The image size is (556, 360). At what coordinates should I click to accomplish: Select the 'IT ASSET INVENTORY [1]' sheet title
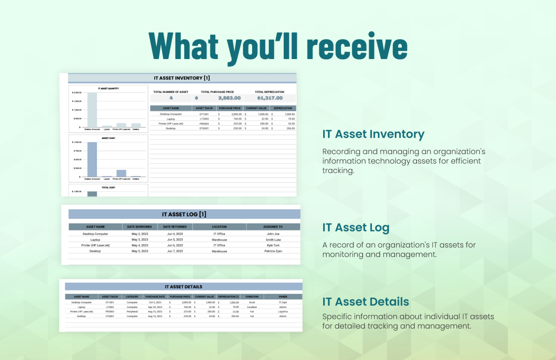182,78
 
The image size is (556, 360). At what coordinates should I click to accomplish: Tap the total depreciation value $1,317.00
270,98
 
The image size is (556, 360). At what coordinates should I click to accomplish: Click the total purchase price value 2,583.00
228,98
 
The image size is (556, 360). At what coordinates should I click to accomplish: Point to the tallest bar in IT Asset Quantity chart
92,110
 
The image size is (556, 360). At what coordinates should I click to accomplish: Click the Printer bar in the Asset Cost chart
121,173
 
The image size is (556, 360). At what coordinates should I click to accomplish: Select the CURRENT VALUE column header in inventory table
256,108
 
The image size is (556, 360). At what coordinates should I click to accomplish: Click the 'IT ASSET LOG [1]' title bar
184,215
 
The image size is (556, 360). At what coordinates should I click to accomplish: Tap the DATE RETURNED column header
175,227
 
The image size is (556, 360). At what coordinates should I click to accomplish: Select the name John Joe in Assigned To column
273,234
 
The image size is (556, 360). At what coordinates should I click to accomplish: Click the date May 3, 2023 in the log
140,240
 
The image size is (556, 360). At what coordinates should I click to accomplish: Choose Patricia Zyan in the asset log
273,251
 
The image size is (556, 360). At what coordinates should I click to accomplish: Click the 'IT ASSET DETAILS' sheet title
183,287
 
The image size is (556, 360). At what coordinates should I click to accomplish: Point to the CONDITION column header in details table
252,297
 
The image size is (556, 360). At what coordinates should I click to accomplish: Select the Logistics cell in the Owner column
283,312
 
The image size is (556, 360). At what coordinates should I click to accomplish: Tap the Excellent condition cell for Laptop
252,307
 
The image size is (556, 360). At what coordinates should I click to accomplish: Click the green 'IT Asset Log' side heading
356,228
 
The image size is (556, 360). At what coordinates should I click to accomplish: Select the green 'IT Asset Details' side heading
365,302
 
